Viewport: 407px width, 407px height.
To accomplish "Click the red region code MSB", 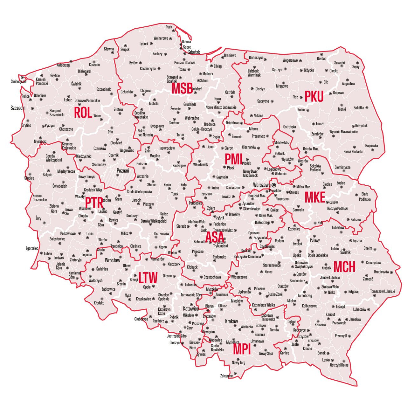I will (182, 89).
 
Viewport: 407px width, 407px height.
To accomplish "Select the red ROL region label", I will (83, 113).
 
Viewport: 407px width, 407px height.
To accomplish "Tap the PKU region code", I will (314, 96).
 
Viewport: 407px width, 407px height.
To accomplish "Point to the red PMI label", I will (233, 159).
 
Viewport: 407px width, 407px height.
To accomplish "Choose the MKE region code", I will (315, 197).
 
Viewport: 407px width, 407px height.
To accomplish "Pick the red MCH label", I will (344, 267).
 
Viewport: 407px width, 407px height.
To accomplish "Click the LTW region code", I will (148, 278).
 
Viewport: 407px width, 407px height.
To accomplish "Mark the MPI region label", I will (242, 349).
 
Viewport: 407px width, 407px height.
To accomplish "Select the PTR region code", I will (94, 202).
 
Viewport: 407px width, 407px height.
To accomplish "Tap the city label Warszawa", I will (262, 185).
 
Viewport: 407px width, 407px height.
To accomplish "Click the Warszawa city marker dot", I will (273, 185).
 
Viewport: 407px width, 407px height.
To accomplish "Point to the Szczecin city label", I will (18, 108).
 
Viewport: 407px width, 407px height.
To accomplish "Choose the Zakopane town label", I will (226, 376).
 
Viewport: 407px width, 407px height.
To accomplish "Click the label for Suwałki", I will (339, 63).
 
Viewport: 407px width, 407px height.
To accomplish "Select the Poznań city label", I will (123, 171).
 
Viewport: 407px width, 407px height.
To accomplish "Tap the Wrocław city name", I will (113, 260).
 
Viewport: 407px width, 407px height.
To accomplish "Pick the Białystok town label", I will (361, 126).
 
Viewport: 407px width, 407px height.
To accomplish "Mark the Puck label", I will (169, 27).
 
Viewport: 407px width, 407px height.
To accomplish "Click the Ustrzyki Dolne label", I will (339, 365).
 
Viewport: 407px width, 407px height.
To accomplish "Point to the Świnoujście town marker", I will (22, 77).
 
